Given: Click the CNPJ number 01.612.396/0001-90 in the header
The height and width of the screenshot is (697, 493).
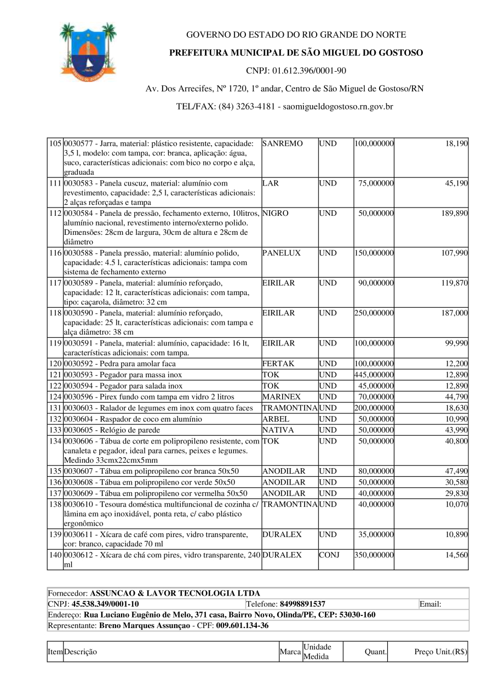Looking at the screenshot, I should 296,71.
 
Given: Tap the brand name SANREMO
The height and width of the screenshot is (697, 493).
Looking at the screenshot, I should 283,143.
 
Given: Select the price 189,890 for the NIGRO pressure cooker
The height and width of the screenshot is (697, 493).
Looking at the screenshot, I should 455,213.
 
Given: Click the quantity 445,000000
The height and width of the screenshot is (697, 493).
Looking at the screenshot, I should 374,375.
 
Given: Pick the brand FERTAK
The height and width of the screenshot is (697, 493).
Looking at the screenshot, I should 278,364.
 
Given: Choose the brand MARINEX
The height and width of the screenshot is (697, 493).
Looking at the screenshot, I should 280,396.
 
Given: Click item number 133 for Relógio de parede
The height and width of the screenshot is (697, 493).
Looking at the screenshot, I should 55,430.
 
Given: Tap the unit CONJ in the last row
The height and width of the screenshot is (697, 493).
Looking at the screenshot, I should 329,555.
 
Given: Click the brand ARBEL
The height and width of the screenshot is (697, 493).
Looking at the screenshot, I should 276,419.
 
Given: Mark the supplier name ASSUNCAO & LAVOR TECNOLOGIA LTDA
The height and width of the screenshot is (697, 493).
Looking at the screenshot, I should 175,593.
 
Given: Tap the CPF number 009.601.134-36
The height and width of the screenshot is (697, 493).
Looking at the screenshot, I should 242,625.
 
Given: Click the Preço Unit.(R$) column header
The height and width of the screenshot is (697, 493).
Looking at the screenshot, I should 440,652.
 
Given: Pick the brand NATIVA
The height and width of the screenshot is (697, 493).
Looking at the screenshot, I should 278,430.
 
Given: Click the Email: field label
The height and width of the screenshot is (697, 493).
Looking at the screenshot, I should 431,604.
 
